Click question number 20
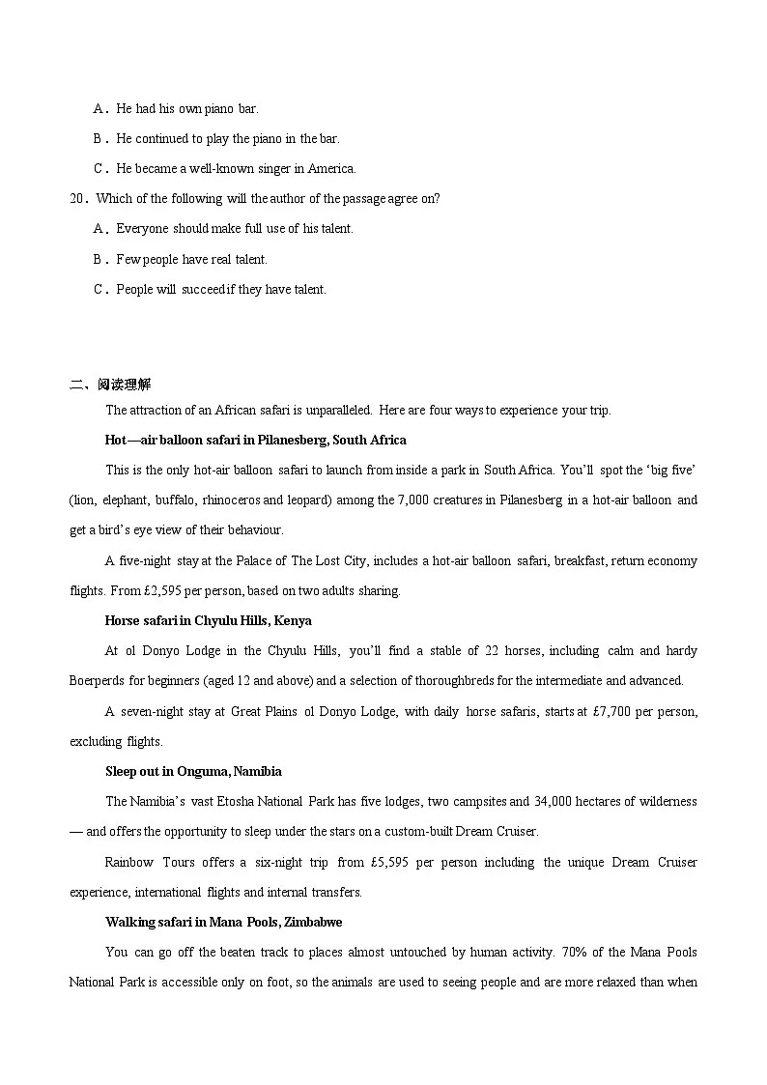tap(78, 198)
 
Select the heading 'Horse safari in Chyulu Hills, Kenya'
tap(208, 620)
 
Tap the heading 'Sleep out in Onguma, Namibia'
tap(193, 771)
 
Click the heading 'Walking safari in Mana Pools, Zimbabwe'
tap(223, 922)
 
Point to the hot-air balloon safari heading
tap(255, 440)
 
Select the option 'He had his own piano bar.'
tap(187, 108)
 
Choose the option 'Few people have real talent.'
tap(191, 259)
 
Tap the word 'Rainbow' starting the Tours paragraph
tap(128, 862)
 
